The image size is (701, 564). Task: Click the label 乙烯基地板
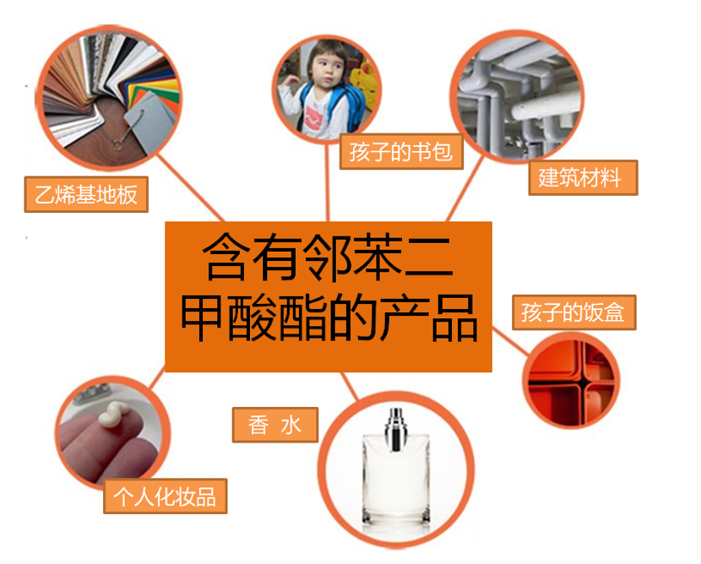pyautogui.click(x=86, y=194)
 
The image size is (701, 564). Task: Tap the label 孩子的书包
pyautogui.click(x=401, y=151)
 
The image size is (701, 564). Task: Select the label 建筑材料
pyautogui.click(x=583, y=177)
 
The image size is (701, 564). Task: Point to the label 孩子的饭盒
pyautogui.click(x=574, y=312)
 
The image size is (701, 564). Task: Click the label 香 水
pyautogui.click(x=275, y=425)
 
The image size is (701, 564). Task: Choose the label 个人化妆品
pyautogui.click(x=166, y=496)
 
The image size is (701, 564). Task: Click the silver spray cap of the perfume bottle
pyautogui.click(x=395, y=429)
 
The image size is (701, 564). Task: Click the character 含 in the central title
pyautogui.click(x=226, y=257)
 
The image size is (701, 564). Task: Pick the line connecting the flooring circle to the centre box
pyautogui.click(x=190, y=187)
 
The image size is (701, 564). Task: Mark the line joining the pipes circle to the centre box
pyautogui.click(x=465, y=188)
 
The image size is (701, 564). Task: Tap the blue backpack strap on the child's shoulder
pyautogui.click(x=306, y=100)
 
